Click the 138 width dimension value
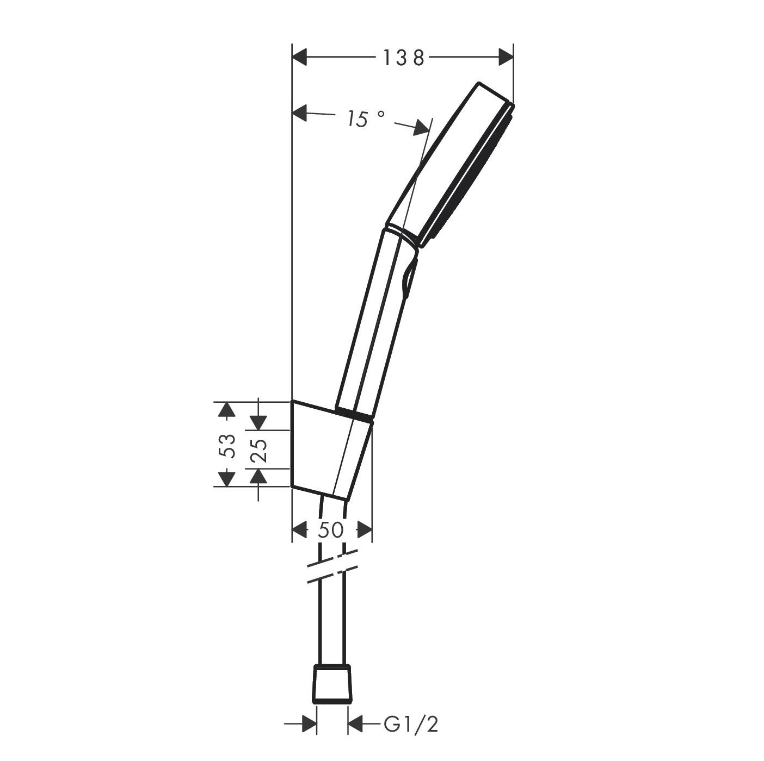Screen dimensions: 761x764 click(x=403, y=57)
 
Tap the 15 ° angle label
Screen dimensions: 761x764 click(x=365, y=118)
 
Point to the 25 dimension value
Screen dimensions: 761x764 click(x=260, y=450)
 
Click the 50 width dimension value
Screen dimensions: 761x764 click(x=331, y=529)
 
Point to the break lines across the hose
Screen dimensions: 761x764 click(x=332, y=566)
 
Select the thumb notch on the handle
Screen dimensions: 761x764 click(x=409, y=277)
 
